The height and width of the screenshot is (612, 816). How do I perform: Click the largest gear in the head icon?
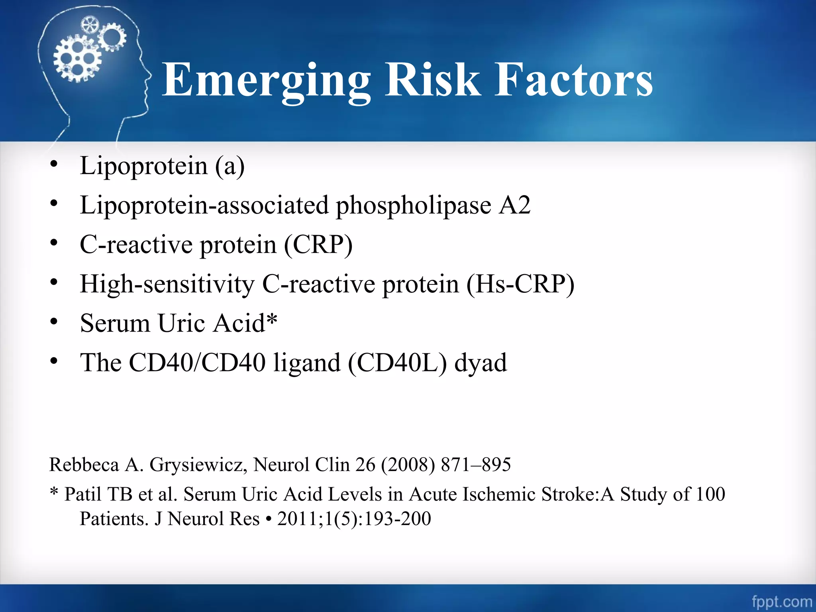[77, 59]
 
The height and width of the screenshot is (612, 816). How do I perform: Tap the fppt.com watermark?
[781, 601]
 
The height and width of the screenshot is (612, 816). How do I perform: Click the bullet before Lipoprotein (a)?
[54, 165]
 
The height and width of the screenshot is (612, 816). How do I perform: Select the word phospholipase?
[414, 206]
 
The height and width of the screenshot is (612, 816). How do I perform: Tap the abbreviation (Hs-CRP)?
[520, 284]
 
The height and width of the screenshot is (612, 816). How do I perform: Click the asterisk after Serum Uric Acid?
[272, 319]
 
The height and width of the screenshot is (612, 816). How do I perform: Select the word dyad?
[481, 363]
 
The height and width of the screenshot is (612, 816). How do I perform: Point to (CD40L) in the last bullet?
[397, 363]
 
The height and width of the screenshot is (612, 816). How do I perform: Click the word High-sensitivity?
[167, 284]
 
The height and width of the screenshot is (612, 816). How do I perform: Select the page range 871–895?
[476, 465]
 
